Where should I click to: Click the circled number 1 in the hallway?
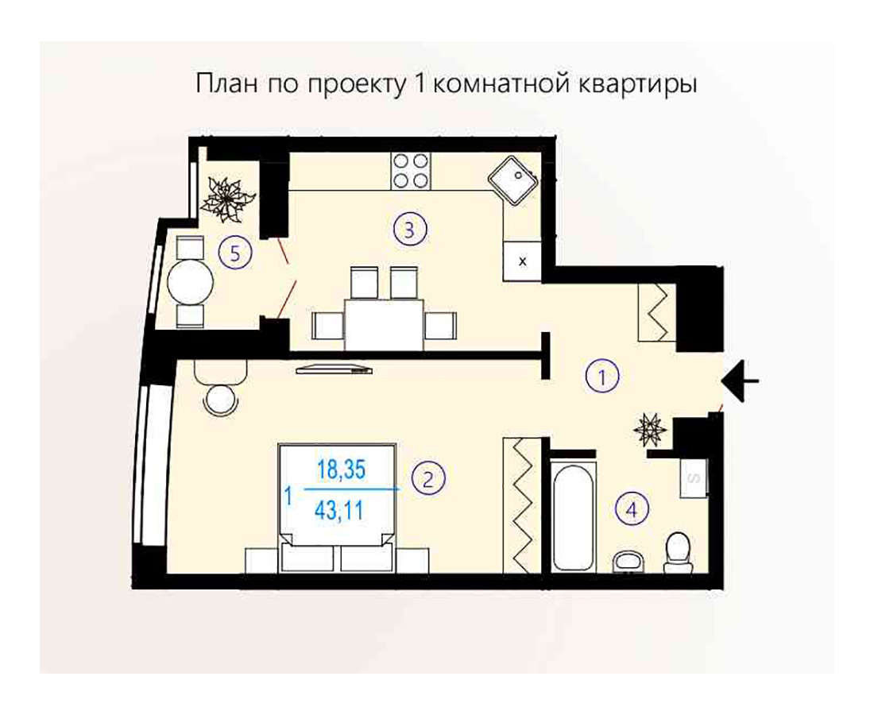pyautogui.click(x=602, y=377)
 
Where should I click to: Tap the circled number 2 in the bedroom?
pyautogui.click(x=428, y=479)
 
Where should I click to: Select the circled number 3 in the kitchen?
pyautogui.click(x=410, y=229)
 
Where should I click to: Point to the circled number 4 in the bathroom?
pyautogui.click(x=632, y=509)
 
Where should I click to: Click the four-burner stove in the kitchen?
pyautogui.click(x=411, y=171)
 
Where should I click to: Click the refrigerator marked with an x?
pyautogui.click(x=522, y=261)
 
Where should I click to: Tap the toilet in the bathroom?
pyautogui.click(x=678, y=552)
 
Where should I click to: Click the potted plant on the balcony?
pyautogui.click(x=225, y=199)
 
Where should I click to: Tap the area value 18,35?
pyautogui.click(x=342, y=470)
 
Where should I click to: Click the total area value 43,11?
pyautogui.click(x=339, y=510)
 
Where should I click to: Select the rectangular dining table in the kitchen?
pyautogui.click(x=384, y=326)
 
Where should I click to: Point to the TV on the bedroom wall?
pyautogui.click(x=335, y=369)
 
